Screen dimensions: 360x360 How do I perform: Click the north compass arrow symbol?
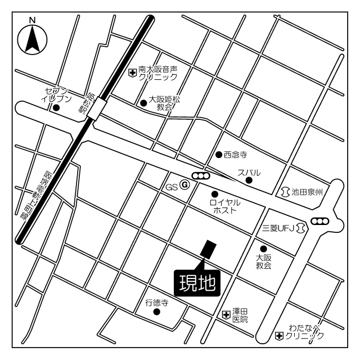(x=32, y=39)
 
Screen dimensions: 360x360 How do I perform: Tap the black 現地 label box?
(x=197, y=283)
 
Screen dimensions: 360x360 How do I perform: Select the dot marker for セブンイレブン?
(x=55, y=107)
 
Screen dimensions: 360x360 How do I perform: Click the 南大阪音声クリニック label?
(x=158, y=74)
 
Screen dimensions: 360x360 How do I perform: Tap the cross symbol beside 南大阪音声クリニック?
(x=133, y=72)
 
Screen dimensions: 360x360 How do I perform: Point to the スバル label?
(x=249, y=173)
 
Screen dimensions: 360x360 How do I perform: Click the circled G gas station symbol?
(x=184, y=186)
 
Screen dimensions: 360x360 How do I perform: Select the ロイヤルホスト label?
(x=224, y=205)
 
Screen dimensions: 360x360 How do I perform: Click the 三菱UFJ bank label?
(x=278, y=228)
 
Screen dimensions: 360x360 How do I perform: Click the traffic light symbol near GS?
(x=201, y=176)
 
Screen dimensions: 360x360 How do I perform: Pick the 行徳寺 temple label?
(x=157, y=302)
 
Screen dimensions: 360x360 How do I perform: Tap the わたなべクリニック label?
(x=304, y=331)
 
